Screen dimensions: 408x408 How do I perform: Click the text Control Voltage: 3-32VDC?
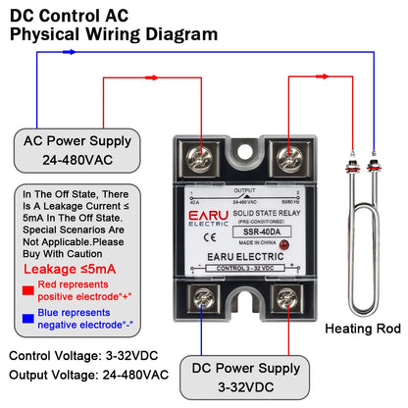[87, 355]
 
